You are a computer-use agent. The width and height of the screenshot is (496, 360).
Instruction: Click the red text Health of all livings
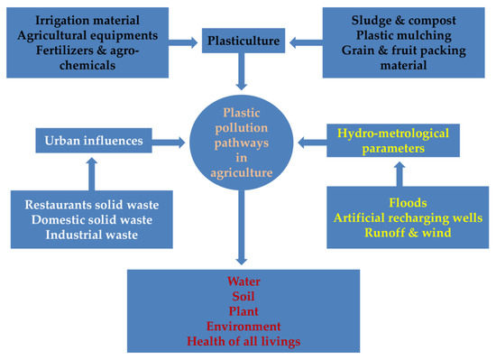pyautogui.click(x=244, y=342)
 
